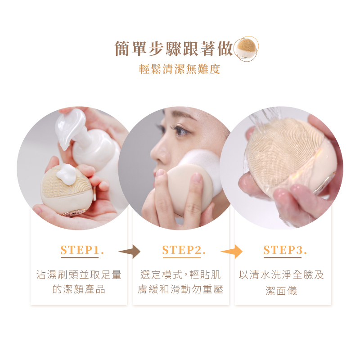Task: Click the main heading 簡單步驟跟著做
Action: click(x=174, y=49)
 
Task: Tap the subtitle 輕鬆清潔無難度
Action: click(x=180, y=69)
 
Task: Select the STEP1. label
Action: click(x=82, y=250)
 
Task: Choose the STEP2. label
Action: click(x=184, y=250)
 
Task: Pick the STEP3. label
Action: click(x=285, y=250)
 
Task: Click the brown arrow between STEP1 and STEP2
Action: click(x=130, y=252)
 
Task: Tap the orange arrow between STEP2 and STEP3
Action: click(x=232, y=252)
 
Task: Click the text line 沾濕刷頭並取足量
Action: click(x=79, y=275)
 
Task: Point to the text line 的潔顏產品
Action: click(x=79, y=289)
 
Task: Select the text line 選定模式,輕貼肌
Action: click(x=180, y=275)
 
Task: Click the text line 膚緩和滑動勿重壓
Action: click(x=180, y=289)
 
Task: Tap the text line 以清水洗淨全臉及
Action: click(x=281, y=275)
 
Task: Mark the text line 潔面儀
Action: click(x=281, y=291)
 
